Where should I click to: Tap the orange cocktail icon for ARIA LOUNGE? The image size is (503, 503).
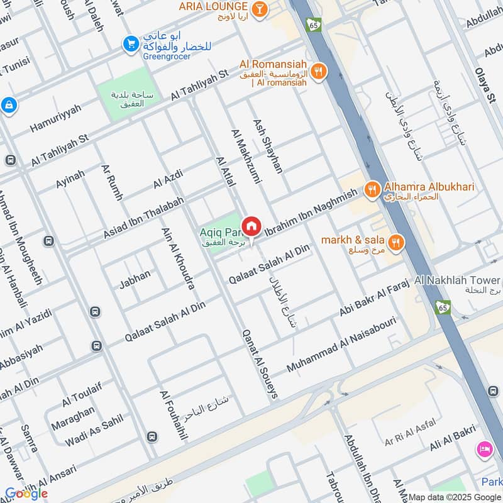tap(258, 8)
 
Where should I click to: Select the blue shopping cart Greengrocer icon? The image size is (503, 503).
tap(131, 43)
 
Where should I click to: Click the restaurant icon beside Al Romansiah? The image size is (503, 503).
tap(319, 72)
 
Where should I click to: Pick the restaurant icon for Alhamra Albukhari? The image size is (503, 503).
tap(372, 188)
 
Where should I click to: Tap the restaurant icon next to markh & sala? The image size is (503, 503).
tap(395, 241)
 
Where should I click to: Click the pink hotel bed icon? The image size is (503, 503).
tap(484, 449)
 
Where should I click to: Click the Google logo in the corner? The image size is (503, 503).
tap(26, 494)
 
